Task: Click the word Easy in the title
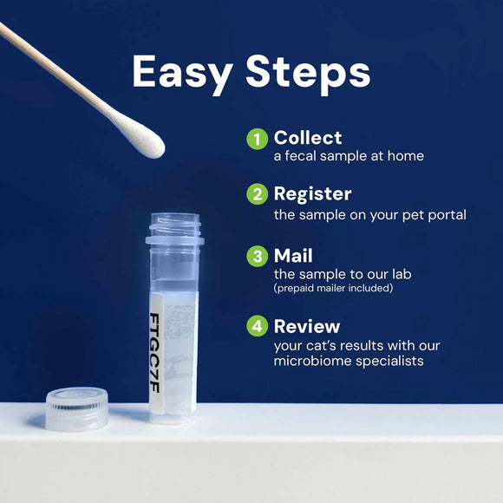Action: pos(180,73)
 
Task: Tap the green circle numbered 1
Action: pos(257,139)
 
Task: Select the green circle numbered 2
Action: pos(257,194)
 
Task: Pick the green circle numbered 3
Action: pos(257,257)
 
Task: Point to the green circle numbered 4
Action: pos(257,326)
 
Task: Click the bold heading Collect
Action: pos(308,137)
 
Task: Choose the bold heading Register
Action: pos(312,193)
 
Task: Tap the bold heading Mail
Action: pos(293,256)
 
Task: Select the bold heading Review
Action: pos(307,326)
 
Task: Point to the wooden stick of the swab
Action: pos(52,70)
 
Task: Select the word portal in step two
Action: pos(446,213)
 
